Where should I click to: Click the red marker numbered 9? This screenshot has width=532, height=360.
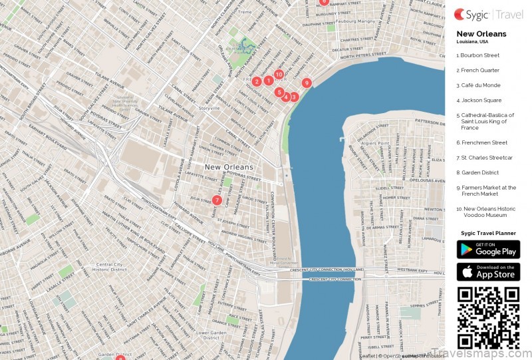click(306, 83)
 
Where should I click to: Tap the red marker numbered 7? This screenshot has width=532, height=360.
click(217, 200)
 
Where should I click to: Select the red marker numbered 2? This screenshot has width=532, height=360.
click(257, 82)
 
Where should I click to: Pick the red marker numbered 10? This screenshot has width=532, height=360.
click(279, 75)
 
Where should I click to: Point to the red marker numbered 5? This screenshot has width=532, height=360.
click(279, 92)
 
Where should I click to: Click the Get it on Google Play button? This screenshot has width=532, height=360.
click(488, 250)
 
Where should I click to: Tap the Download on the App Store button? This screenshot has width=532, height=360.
click(488, 272)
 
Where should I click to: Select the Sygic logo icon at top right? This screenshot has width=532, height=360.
click(460, 13)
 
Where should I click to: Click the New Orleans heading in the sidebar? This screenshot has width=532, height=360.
click(481, 34)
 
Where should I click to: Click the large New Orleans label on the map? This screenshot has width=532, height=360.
click(229, 167)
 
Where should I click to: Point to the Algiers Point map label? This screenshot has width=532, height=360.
click(374, 143)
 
